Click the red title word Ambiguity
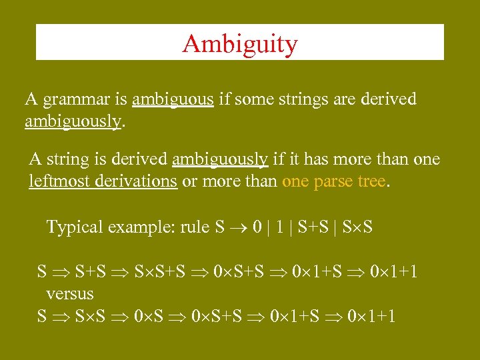[239, 44]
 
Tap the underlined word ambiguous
[173, 100]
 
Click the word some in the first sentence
[249, 100]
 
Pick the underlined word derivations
[136, 182]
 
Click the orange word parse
[333, 182]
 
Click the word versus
[70, 293]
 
